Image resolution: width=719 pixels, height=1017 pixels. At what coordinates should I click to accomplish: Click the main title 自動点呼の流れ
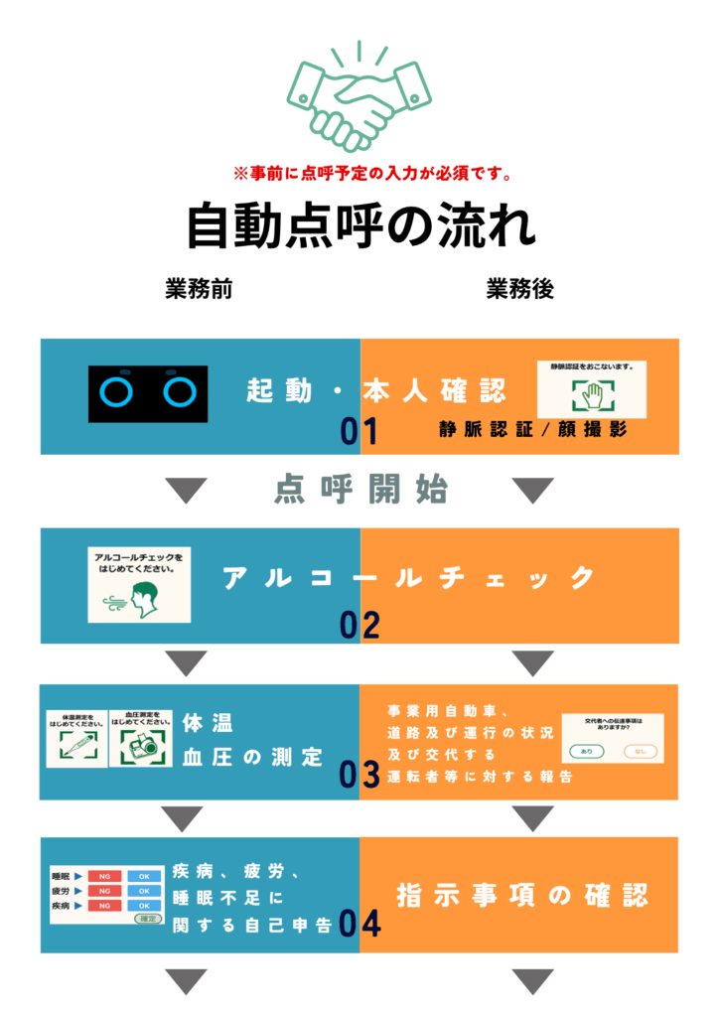coord(360,226)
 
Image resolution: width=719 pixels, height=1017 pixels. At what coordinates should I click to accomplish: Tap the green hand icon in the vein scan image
coord(591,395)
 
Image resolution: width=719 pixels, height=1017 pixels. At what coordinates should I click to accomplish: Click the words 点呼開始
coord(360,490)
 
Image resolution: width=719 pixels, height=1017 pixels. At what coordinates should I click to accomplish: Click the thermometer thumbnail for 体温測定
coord(75,739)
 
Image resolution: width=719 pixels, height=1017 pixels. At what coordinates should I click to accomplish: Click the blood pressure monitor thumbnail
coord(139,739)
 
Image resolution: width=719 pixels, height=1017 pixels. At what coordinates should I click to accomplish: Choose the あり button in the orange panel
coord(587,751)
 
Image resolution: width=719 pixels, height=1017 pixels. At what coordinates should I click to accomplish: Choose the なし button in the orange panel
coord(641,751)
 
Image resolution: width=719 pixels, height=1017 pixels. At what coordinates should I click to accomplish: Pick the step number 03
coord(360,775)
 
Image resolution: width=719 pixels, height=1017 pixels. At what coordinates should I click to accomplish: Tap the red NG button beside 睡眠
coord(103,877)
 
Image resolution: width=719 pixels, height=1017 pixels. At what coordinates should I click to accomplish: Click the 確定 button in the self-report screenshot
coord(147,919)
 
